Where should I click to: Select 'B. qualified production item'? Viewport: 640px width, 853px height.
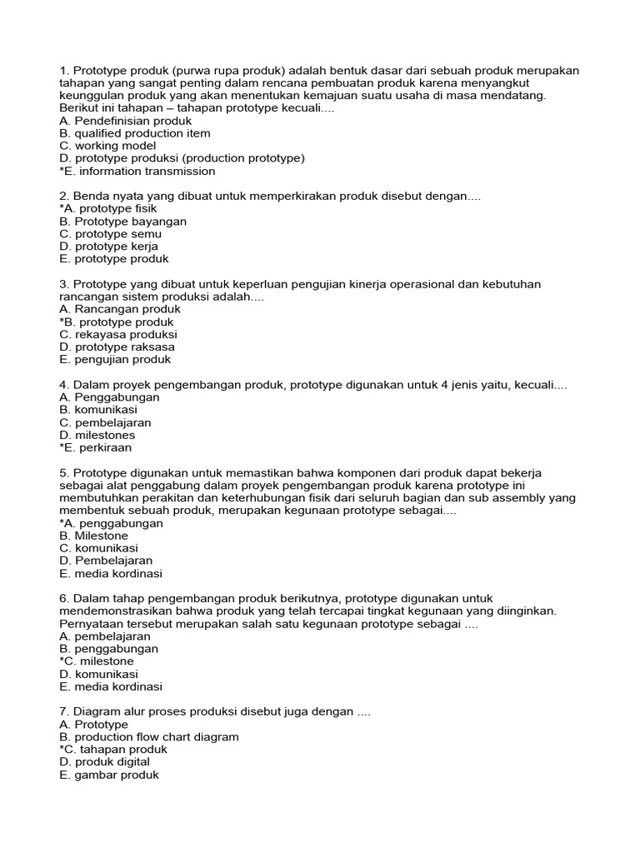[135, 133]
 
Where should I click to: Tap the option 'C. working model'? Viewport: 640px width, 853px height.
[107, 146]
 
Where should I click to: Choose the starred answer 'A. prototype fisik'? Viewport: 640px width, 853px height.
[108, 209]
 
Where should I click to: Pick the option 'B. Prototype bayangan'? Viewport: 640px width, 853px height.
[123, 222]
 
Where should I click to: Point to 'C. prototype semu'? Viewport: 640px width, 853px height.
[111, 234]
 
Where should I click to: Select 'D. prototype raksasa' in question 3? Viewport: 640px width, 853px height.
[117, 347]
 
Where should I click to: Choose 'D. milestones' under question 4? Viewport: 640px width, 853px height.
[97, 435]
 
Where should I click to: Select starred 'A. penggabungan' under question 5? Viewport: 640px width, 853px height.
[112, 523]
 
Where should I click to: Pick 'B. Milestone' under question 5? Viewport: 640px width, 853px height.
[94, 536]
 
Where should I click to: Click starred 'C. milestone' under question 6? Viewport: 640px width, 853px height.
[97, 661]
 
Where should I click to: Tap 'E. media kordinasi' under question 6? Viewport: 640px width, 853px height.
[111, 686]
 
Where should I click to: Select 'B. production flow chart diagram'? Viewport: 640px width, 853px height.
[149, 736]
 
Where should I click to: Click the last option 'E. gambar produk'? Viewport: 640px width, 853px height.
[109, 775]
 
